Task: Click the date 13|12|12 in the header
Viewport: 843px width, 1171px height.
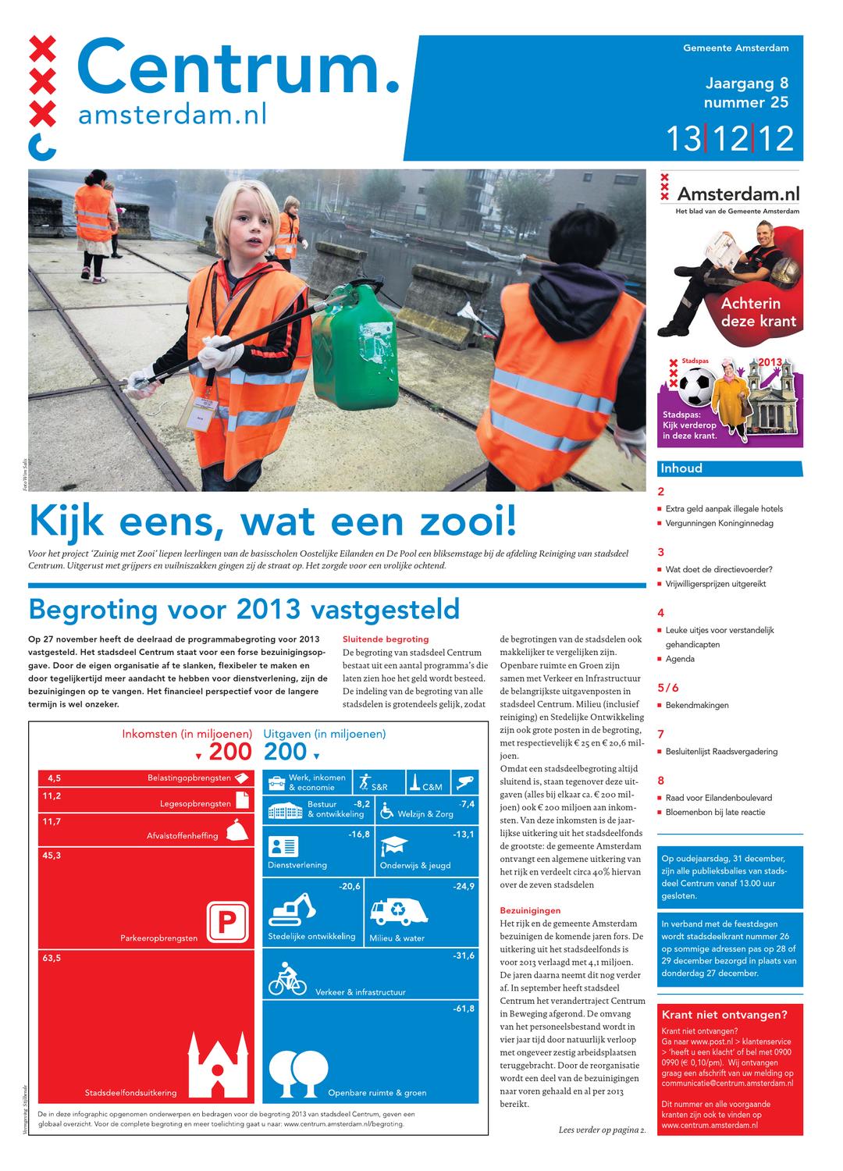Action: tap(729, 139)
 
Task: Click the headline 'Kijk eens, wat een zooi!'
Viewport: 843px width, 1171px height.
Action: tap(272, 521)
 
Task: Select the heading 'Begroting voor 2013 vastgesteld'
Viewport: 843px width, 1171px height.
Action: tap(244, 608)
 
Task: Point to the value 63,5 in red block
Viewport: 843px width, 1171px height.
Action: tap(52, 958)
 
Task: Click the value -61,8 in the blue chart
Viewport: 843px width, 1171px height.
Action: tap(463, 1009)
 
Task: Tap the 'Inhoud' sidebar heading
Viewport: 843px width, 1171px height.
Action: tap(681, 468)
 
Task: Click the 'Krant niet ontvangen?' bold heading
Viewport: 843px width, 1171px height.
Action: tap(724, 1015)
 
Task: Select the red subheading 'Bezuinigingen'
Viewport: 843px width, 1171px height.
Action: tap(530, 910)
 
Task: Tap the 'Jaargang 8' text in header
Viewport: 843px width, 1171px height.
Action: tap(746, 84)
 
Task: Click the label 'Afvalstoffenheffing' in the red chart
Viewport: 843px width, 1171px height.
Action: tap(183, 835)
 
